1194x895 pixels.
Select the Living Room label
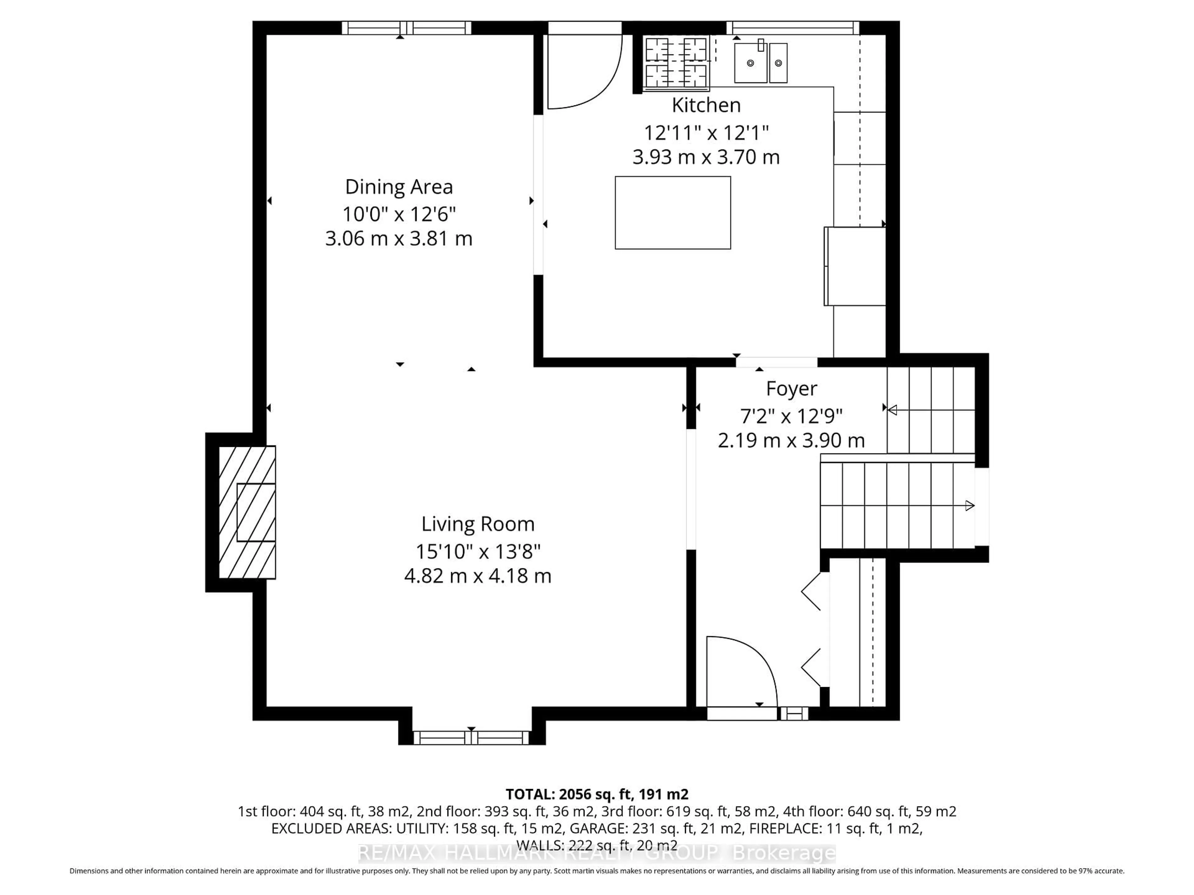point(478,524)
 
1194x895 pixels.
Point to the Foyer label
point(791,388)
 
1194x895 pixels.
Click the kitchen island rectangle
point(673,213)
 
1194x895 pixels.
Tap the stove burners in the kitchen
point(676,62)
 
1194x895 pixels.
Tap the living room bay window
point(471,737)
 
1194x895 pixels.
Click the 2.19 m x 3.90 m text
point(791,441)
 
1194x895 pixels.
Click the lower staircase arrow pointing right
point(970,506)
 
